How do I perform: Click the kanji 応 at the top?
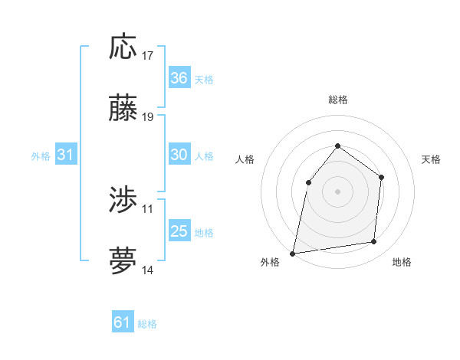tap(123, 47)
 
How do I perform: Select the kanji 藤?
tap(123, 109)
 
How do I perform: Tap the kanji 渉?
tap(123, 201)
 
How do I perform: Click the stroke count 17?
tap(148, 55)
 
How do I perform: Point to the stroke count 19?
tap(148, 117)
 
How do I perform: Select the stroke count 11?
tap(148, 208)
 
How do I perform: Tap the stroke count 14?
tap(148, 270)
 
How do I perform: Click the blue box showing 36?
tap(179, 78)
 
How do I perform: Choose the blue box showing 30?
tap(179, 155)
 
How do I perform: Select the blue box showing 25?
tap(179, 231)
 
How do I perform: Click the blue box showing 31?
tap(66, 155)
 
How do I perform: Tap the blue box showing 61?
tap(123, 322)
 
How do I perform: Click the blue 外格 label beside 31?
tap(41, 156)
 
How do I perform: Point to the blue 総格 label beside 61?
tap(147, 324)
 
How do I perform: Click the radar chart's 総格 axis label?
tap(337, 100)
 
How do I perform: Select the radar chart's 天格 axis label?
tap(432, 159)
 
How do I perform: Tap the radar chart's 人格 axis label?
tap(245, 159)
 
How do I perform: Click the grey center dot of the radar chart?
tap(337, 191)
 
